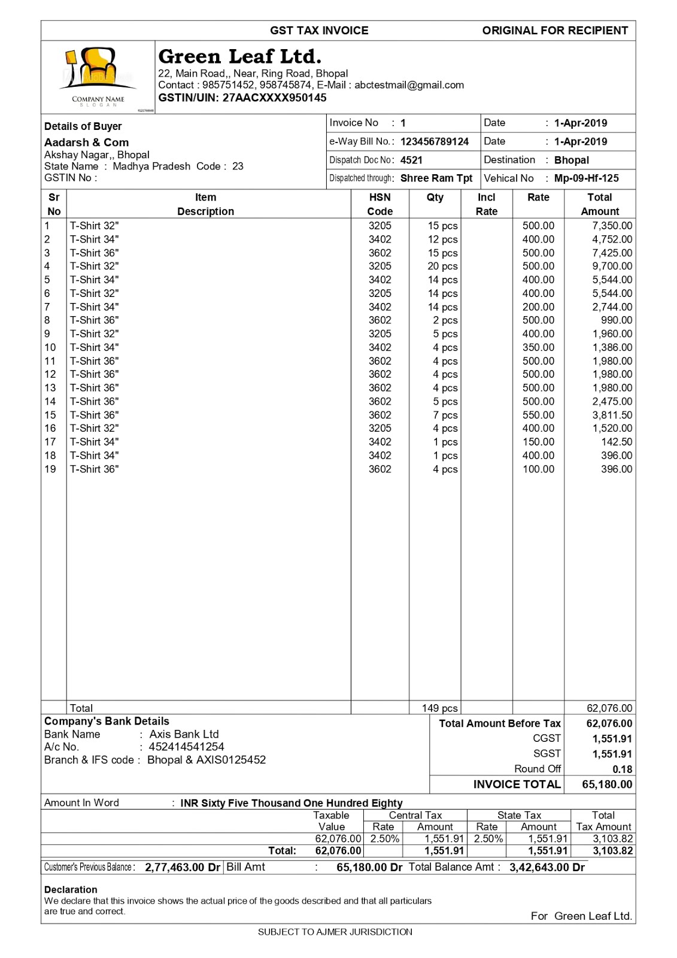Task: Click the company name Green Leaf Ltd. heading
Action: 239,56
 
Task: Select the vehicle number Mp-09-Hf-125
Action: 586,178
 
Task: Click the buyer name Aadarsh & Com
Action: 86,143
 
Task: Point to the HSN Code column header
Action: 380,204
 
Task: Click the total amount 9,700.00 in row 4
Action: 612,266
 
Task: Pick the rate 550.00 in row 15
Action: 538,415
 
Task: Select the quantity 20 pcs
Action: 442,266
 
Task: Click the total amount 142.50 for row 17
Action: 617,442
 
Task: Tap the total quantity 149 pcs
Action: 439,708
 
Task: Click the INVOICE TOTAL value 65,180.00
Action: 607,784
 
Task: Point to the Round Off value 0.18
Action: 622,769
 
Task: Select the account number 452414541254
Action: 186,747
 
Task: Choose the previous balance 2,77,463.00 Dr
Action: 183,867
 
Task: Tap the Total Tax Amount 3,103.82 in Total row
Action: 612,851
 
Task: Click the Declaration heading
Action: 71,890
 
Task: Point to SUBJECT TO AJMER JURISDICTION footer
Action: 335,932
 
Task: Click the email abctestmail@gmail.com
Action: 409,85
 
